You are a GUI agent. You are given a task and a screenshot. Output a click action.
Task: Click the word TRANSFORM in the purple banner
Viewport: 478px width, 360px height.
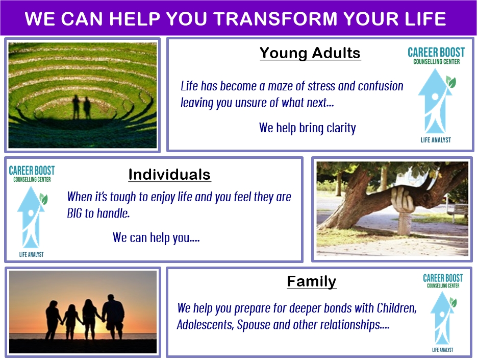click(x=276, y=18)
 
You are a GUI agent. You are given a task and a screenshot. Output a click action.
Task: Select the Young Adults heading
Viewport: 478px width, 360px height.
click(x=310, y=53)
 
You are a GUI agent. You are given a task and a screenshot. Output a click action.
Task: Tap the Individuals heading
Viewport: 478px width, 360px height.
click(x=169, y=175)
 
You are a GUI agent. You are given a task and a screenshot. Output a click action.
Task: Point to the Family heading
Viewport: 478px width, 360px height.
click(x=312, y=281)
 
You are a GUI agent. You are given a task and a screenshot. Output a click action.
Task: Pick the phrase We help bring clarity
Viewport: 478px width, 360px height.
click(x=307, y=128)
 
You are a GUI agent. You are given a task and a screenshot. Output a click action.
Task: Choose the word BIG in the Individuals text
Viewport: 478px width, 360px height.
click(x=74, y=213)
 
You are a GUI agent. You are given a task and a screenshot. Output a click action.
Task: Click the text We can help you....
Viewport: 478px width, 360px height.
click(x=156, y=237)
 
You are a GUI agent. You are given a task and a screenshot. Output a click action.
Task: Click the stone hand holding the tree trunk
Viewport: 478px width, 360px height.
click(x=403, y=200)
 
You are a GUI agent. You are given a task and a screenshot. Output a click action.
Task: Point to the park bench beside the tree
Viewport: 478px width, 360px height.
click(x=459, y=212)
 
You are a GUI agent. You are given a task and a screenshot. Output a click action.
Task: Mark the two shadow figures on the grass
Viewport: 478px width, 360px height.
click(x=82, y=107)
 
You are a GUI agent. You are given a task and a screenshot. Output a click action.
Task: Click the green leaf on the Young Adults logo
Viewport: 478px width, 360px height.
click(x=450, y=82)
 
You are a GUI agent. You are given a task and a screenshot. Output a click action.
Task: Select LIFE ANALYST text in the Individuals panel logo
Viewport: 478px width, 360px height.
click(x=32, y=254)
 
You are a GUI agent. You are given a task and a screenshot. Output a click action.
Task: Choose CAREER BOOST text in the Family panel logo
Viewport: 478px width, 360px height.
click(x=443, y=278)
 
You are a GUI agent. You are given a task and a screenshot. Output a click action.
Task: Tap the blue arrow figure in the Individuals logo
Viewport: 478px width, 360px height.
click(x=31, y=217)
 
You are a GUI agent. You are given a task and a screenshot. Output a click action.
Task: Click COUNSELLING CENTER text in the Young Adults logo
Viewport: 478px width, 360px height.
click(x=437, y=62)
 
